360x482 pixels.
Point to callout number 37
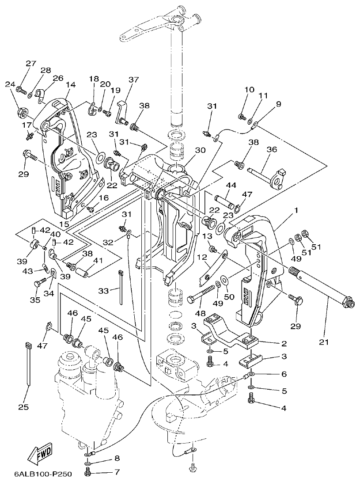click(x=133, y=80)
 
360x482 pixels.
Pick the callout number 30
click(x=200, y=150)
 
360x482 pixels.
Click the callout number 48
click(x=201, y=313)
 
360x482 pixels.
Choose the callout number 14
click(x=71, y=84)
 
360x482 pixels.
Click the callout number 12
click(x=201, y=257)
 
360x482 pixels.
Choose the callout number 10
click(x=249, y=90)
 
